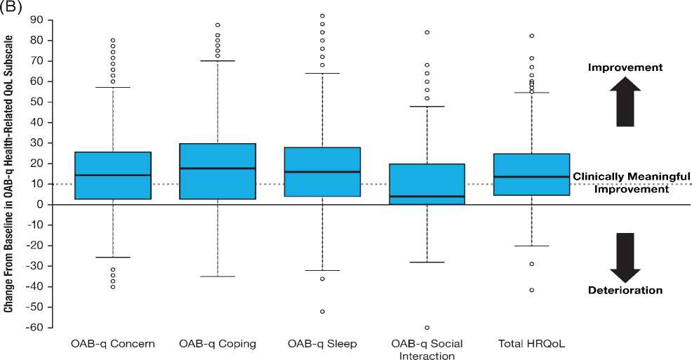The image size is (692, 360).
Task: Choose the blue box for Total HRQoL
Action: click(531, 164)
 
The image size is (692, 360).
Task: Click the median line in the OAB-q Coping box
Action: click(217, 168)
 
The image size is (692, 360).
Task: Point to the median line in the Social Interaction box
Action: click(427, 196)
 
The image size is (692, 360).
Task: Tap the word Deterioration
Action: click(625, 290)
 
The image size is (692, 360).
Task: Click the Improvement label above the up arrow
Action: click(625, 67)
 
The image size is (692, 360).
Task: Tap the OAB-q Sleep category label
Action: click(323, 344)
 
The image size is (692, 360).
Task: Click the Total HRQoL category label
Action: click(531, 344)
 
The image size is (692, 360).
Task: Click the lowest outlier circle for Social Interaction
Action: click(427, 328)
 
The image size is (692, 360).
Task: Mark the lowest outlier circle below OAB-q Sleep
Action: click(323, 311)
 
